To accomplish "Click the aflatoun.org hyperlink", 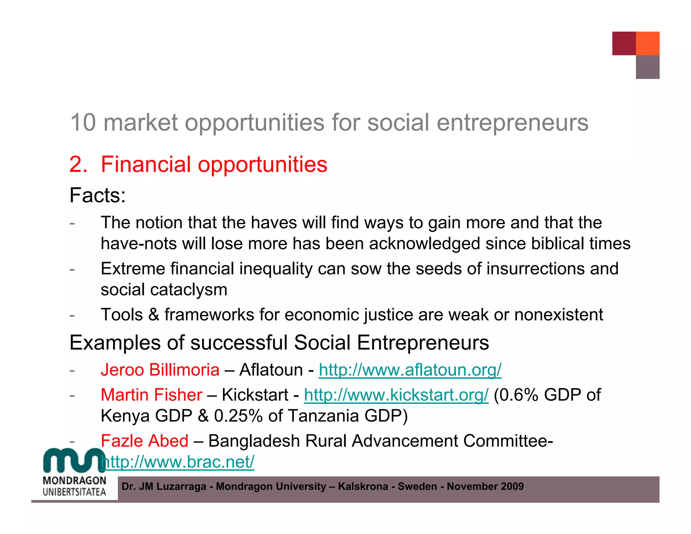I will click(410, 370).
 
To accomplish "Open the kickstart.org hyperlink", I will click(396, 395).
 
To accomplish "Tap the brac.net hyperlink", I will click(178, 462).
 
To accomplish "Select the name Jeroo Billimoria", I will click(160, 370).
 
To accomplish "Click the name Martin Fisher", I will click(151, 395).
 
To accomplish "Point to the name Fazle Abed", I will click(144, 441).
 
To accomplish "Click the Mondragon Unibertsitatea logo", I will click(75, 473).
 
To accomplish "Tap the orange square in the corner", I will click(647, 43).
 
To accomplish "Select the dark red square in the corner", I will click(624, 43).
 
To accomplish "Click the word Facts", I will click(97, 195).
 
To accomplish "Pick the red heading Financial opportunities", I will click(214, 165).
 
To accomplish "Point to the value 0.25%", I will click(238, 416).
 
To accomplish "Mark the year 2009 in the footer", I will click(512, 486).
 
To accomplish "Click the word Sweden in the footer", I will click(417, 486).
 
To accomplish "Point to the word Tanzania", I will click(324, 416).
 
